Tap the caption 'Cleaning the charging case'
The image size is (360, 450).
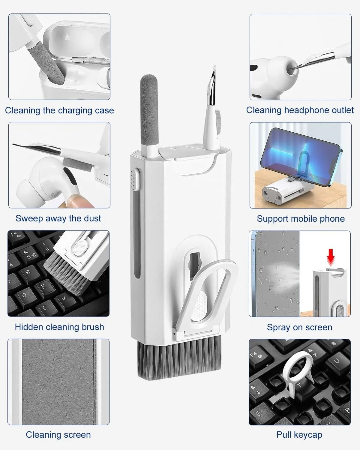tap(59, 110)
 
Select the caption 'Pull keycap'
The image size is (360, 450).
tap(299, 435)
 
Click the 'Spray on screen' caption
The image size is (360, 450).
tap(299, 327)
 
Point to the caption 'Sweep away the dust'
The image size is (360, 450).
tap(58, 218)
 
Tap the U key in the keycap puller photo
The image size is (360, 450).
tap(337, 361)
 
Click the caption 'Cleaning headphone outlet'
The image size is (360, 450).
tap(300, 110)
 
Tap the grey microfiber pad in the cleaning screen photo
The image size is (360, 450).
tap(58, 381)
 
